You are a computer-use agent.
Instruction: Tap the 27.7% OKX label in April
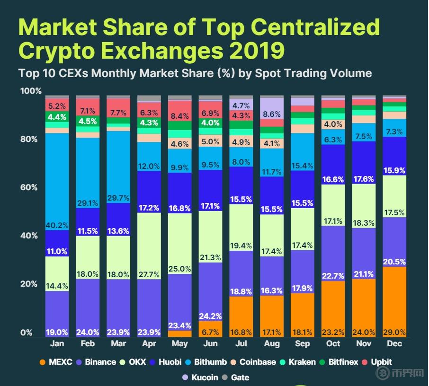click(x=149, y=274)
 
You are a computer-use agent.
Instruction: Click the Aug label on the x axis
click(x=272, y=344)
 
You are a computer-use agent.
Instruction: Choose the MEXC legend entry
click(x=56, y=362)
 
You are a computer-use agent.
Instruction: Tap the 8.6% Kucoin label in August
click(x=272, y=114)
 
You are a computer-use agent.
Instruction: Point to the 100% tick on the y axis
click(x=30, y=91)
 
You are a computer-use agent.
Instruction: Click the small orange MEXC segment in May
click(x=179, y=333)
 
